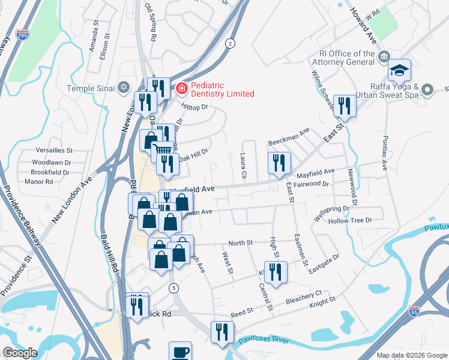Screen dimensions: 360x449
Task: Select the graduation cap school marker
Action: (x=399, y=71)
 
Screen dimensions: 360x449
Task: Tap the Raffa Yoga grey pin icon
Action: (x=427, y=90)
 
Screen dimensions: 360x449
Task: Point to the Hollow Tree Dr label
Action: (x=351, y=221)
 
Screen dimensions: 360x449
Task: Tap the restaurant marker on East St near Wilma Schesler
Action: (x=344, y=106)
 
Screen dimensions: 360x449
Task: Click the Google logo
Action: (x=20, y=353)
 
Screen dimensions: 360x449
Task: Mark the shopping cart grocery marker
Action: (x=162, y=150)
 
